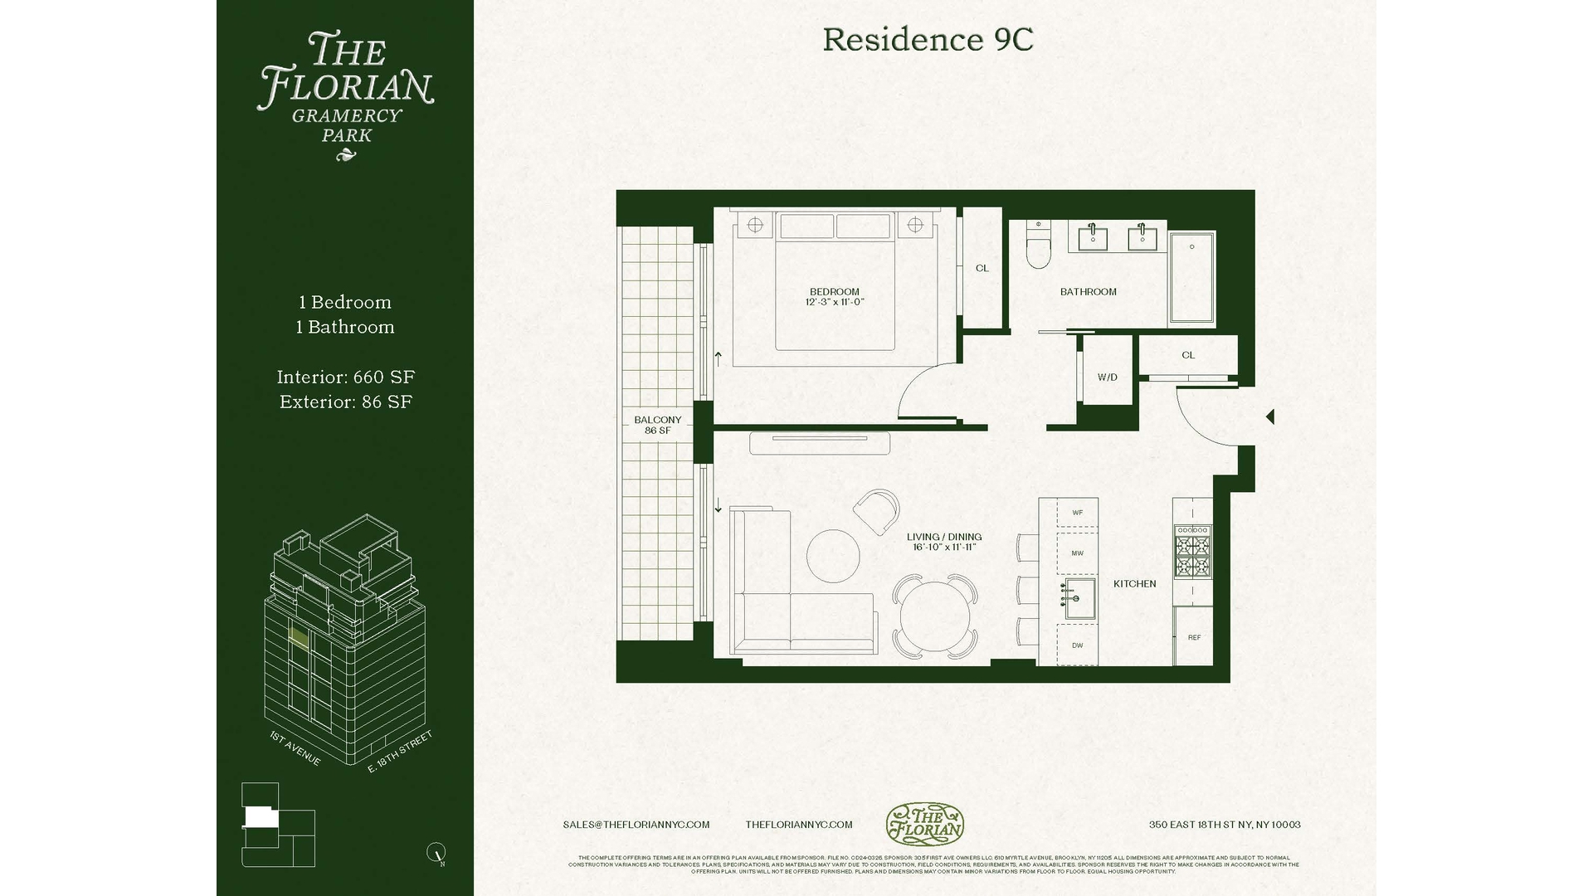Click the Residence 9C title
click(928, 40)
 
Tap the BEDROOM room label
click(834, 291)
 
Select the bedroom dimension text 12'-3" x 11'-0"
click(834, 302)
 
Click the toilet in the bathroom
click(1037, 246)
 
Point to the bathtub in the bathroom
click(1192, 278)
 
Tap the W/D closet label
click(1107, 377)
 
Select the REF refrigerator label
click(1194, 637)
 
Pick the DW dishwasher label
click(1077, 645)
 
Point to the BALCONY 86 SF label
click(657, 425)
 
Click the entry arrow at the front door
click(1269, 417)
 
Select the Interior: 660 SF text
click(345, 377)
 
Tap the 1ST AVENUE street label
click(295, 748)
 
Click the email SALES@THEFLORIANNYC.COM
click(636, 825)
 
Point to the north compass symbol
click(436, 852)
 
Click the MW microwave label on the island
click(1077, 553)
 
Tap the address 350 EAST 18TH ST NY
click(1224, 825)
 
